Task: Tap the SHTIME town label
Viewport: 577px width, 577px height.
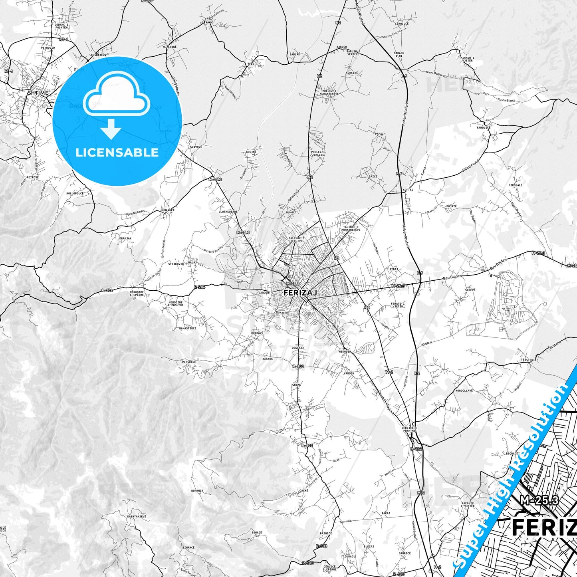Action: coord(38,93)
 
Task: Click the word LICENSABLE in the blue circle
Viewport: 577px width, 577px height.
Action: coord(117,152)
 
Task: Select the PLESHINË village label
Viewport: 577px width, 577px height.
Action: coord(189,362)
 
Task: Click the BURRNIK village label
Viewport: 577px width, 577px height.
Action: coord(197,490)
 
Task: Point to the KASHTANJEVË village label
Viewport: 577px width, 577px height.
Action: coord(137,516)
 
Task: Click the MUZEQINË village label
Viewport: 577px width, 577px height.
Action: coord(170,47)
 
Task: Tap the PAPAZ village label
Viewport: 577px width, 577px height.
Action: coord(379,134)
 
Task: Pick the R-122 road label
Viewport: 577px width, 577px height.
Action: coord(416,449)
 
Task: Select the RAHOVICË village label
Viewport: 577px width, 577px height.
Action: coord(483,127)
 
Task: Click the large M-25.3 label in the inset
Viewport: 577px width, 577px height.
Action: coord(539,500)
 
